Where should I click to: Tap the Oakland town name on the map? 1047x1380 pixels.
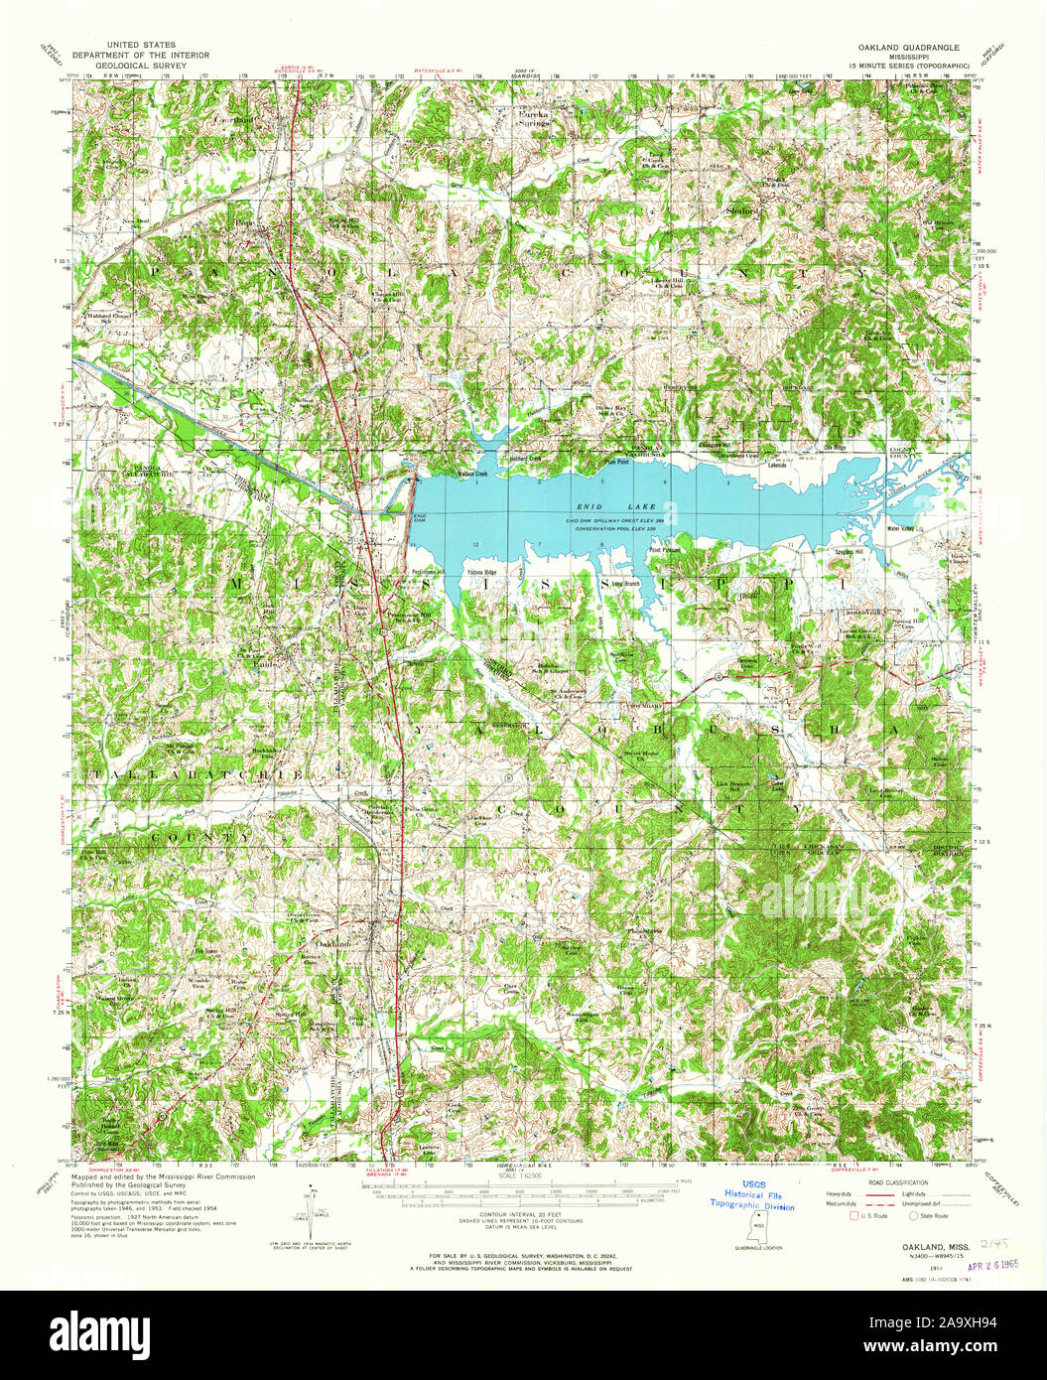pos(335,941)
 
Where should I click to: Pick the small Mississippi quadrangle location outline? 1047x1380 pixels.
pos(759,1227)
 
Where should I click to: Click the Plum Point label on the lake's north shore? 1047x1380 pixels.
pos(618,462)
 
